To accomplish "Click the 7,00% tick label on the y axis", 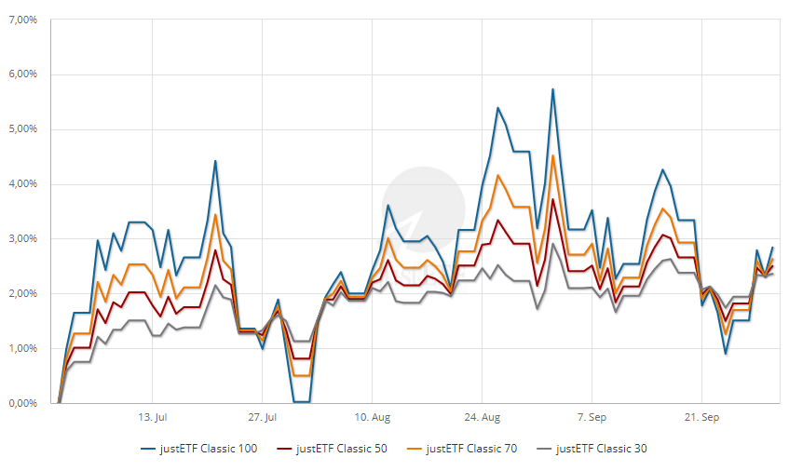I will coord(22,20).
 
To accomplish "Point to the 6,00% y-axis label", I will coord(22,74).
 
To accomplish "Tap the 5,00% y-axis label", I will coord(22,129).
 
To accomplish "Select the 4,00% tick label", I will coord(22,184).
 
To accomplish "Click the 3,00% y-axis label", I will coord(22,239).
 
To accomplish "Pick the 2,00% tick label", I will coord(22,294).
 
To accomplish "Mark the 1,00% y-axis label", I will coord(22,349).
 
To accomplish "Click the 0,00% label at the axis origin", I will coord(22,404).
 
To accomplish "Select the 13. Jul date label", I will coord(152,417).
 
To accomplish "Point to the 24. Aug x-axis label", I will coord(482,417).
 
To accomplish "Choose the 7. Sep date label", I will coord(592,417).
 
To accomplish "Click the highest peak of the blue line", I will coord(552,89).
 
